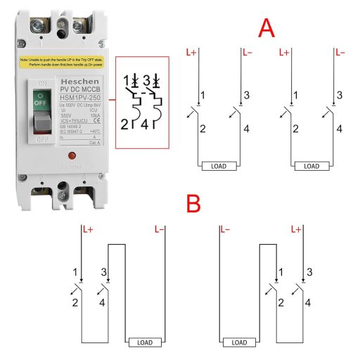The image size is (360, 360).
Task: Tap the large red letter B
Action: pyautogui.click(x=193, y=204)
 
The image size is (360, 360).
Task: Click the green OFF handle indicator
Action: pyautogui.click(x=40, y=101)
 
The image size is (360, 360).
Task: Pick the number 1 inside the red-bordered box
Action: pyautogui.click(x=127, y=79)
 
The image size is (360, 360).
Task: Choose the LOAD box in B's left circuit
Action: pyautogui.click(x=143, y=342)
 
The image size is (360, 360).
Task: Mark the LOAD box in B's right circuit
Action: pyautogui.click(x=240, y=342)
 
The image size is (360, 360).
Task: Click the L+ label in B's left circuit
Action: pyautogui.click(x=88, y=229)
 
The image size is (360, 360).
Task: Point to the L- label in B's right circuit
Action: pyautogui.click(x=225, y=229)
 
